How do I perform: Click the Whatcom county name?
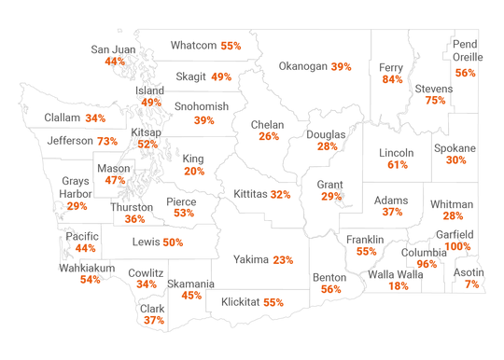(194, 45)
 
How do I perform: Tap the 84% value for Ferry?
(392, 80)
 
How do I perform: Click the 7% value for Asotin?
(471, 284)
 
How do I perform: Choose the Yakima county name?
(250, 259)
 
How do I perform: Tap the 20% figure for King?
(194, 172)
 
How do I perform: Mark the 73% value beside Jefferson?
(107, 141)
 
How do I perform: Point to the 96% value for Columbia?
(427, 264)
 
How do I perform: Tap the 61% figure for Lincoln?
(398, 165)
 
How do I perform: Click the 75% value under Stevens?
(434, 101)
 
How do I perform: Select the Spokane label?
(455, 148)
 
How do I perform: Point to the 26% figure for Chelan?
(269, 136)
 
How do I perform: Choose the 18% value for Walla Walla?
(398, 285)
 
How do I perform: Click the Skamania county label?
(191, 284)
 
